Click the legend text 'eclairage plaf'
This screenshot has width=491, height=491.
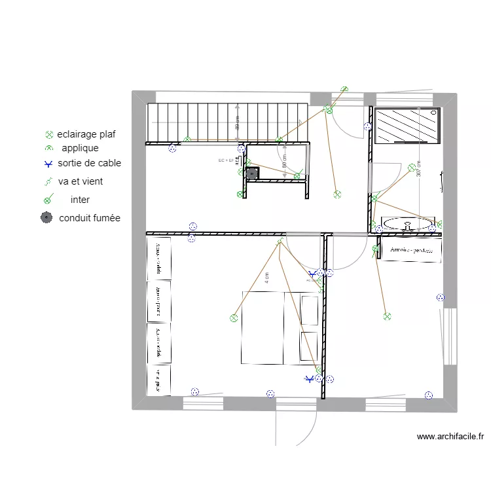pyautogui.click(x=86, y=135)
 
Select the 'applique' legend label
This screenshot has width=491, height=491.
pyautogui.click(x=80, y=148)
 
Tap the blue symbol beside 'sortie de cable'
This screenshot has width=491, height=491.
pyautogui.click(x=47, y=164)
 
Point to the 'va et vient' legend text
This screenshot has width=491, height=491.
pyautogui.click(x=80, y=181)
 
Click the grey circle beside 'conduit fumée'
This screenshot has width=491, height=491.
pyautogui.click(x=46, y=218)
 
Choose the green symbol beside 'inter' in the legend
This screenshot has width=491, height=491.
pyautogui.click(x=47, y=200)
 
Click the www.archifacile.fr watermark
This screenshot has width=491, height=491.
pyautogui.click(x=450, y=437)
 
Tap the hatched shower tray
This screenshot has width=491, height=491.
pyautogui.click(x=406, y=124)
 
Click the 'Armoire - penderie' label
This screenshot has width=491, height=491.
pyautogui.click(x=412, y=250)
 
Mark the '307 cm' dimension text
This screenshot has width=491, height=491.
pyautogui.click(x=418, y=169)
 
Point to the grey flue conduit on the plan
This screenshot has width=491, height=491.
pyautogui.click(x=252, y=173)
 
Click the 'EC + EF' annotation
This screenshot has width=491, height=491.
pyautogui.click(x=225, y=160)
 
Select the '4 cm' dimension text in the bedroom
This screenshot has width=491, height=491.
pyautogui.click(x=267, y=278)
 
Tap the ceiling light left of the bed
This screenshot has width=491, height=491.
pyautogui.click(x=234, y=318)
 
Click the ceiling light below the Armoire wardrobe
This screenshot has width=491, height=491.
pyautogui.click(x=387, y=316)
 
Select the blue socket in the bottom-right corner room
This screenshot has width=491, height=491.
pyautogui.click(x=429, y=395)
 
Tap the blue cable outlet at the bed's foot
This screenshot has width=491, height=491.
pyautogui.click(x=310, y=378)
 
